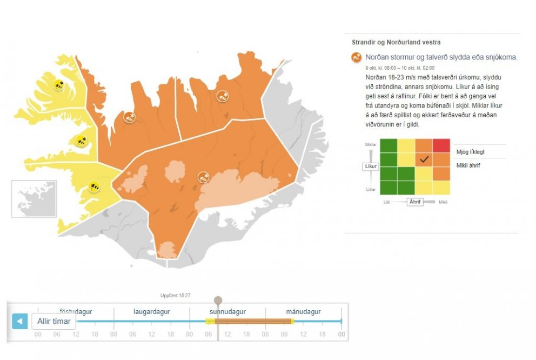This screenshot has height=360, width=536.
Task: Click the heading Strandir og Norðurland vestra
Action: [396, 42]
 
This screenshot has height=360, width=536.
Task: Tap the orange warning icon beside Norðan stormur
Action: [357, 57]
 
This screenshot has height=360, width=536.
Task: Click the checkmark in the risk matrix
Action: [424, 159]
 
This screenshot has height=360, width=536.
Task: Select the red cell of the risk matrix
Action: [440, 146]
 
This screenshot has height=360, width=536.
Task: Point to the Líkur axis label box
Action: [370, 166]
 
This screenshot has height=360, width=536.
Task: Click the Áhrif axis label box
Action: [415, 202]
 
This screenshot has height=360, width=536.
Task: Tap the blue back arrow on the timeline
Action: [19, 322]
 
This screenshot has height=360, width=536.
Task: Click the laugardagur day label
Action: [152, 312]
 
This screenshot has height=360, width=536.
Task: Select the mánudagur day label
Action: [303, 312]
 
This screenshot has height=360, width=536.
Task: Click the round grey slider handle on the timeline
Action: [218, 300]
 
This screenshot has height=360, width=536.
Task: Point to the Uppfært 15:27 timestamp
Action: [176, 296]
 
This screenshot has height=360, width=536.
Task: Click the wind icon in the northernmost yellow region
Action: [59, 84]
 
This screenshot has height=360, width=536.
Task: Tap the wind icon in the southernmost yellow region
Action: [94, 187]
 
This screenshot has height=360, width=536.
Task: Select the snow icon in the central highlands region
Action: [204, 177]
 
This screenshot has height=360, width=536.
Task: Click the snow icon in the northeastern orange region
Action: [222, 97]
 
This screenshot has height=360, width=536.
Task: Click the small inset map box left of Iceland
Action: [34, 199]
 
